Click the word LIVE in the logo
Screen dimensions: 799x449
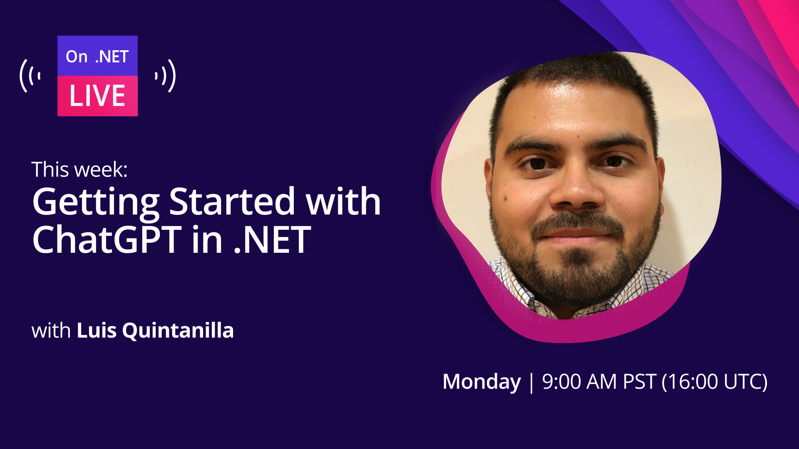(x=97, y=96)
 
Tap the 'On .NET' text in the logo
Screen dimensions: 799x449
(x=97, y=57)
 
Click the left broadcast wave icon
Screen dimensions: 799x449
(x=30, y=76)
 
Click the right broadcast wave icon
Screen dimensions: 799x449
(x=165, y=76)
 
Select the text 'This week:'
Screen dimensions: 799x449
(x=79, y=169)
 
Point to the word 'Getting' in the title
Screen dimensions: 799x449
(x=96, y=203)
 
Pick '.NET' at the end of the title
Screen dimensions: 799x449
(x=272, y=240)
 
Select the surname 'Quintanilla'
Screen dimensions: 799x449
(x=178, y=331)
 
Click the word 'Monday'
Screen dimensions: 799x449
(x=481, y=382)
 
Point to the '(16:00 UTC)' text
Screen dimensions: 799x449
(x=715, y=382)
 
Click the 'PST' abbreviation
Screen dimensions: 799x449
(x=640, y=382)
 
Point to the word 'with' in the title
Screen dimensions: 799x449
(x=343, y=201)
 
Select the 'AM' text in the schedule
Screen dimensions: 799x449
(x=601, y=382)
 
